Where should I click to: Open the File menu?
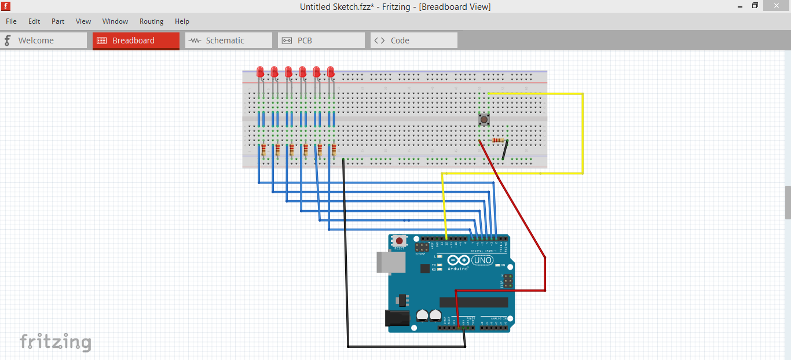click(x=11, y=21)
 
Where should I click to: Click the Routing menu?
click(x=151, y=21)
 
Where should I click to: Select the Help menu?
click(x=182, y=21)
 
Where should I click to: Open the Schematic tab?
click(x=228, y=41)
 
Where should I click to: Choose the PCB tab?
click(x=321, y=41)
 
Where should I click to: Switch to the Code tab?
click(x=413, y=41)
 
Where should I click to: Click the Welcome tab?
click(x=43, y=41)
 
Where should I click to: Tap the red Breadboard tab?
click(x=136, y=41)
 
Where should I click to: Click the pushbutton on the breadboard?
click(x=484, y=120)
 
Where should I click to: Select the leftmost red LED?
click(x=261, y=72)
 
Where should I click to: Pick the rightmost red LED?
click(x=331, y=72)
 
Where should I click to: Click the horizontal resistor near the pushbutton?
click(x=497, y=140)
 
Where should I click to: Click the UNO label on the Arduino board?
click(x=482, y=260)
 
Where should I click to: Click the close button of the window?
click(x=778, y=6)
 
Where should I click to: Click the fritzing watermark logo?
click(x=56, y=341)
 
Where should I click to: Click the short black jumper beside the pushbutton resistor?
click(x=506, y=149)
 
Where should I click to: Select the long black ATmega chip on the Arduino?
click(x=474, y=302)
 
